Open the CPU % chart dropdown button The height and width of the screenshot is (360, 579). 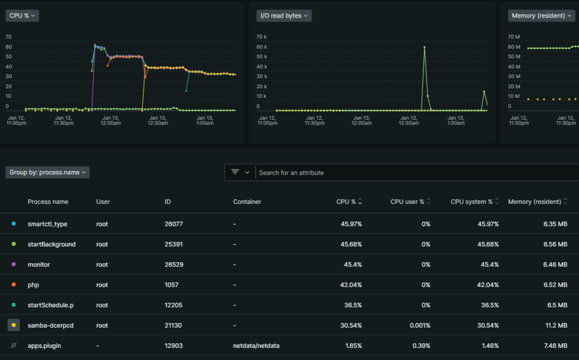coord(22,16)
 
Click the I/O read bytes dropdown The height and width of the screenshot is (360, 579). coord(284,16)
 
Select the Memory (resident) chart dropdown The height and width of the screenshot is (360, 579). coord(541,16)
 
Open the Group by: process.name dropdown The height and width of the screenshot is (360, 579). coord(47,172)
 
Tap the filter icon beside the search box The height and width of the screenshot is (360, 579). coord(235,172)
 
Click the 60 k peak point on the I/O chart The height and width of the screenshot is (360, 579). coord(424,47)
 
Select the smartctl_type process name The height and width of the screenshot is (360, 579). coord(47,224)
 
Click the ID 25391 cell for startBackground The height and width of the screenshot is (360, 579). coord(174,244)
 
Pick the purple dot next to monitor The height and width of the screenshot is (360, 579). coord(14,265)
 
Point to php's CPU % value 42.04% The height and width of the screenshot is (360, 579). coord(351,285)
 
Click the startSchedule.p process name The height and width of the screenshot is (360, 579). coord(50,305)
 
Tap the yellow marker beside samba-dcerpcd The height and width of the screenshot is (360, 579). coord(14,325)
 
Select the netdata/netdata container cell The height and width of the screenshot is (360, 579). coord(256,346)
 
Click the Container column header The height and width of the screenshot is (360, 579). coord(247,201)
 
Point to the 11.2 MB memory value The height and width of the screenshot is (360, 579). coord(556,325)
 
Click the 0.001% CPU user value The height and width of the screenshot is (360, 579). coord(420,325)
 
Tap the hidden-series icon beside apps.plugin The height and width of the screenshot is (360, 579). coord(14,346)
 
